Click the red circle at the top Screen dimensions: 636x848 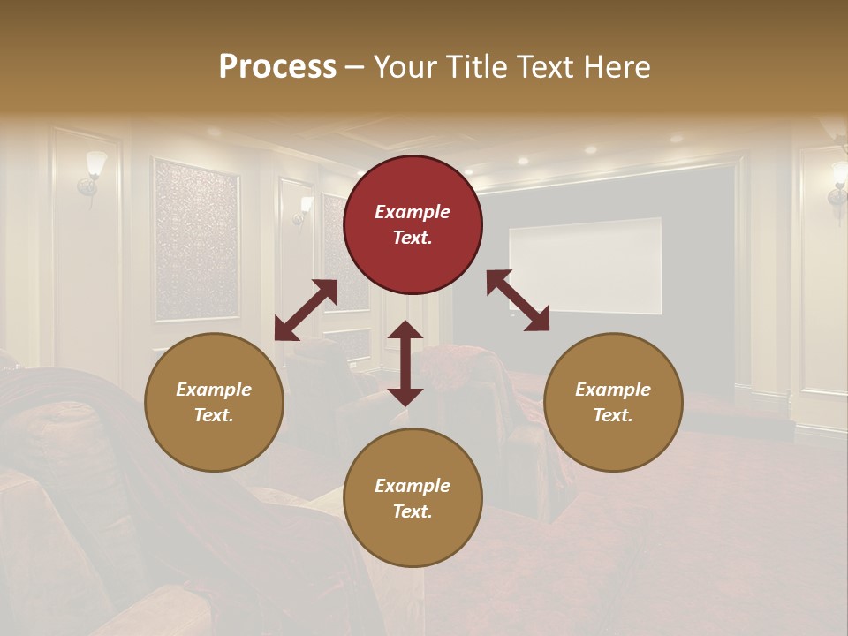click(413, 225)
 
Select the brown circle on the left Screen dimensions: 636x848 click(214, 403)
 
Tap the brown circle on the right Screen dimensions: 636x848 click(613, 403)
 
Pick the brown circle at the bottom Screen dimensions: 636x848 click(413, 498)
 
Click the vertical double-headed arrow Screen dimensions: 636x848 click(405, 363)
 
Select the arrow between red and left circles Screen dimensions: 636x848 click(306, 310)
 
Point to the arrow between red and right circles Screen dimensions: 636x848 click(518, 300)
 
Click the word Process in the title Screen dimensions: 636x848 click(277, 66)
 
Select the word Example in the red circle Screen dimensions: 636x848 click(413, 212)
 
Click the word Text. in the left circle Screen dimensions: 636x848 click(214, 415)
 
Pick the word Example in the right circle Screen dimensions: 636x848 click(613, 390)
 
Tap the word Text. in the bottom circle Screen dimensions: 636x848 click(413, 511)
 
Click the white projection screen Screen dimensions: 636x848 click(585, 265)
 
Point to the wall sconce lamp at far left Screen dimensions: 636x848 click(92, 173)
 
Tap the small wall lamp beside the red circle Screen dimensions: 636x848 click(306, 208)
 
